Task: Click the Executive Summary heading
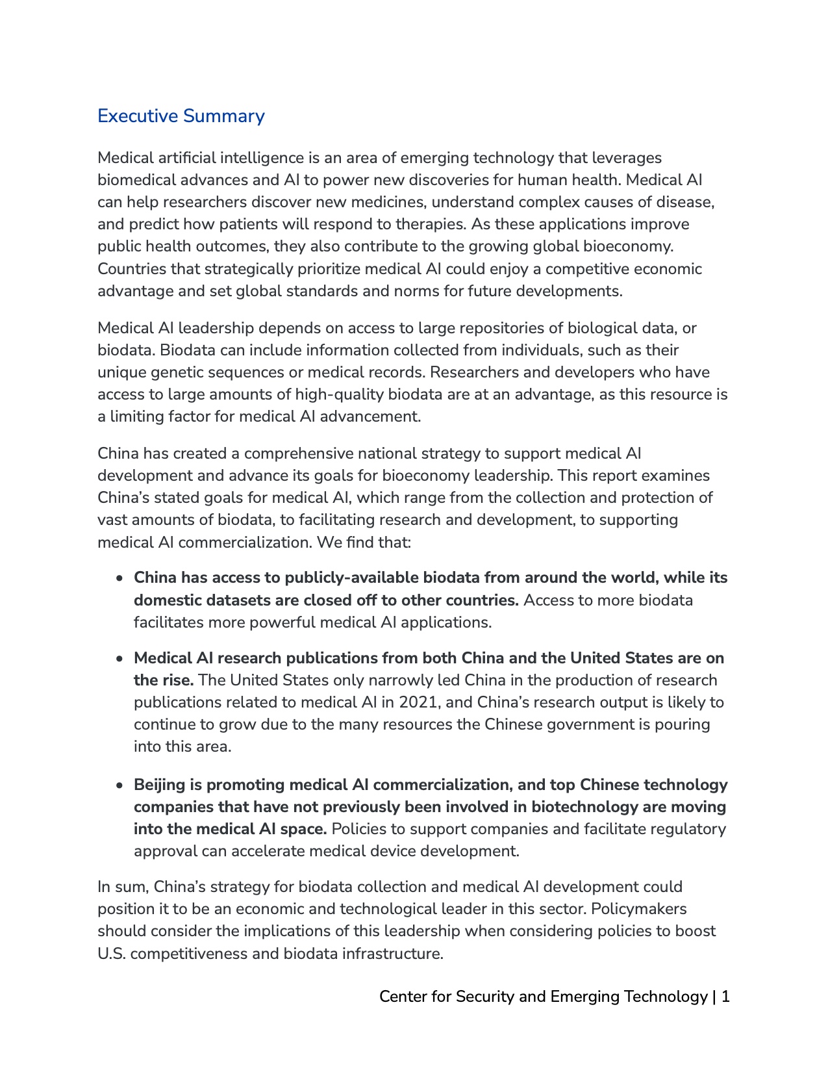point(181,116)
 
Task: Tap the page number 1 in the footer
point(725,997)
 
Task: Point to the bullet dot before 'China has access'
point(119,578)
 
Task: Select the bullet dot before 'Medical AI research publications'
point(119,659)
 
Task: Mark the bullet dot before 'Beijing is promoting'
point(119,785)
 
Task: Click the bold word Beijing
point(160,785)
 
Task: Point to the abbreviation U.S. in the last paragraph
point(112,954)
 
